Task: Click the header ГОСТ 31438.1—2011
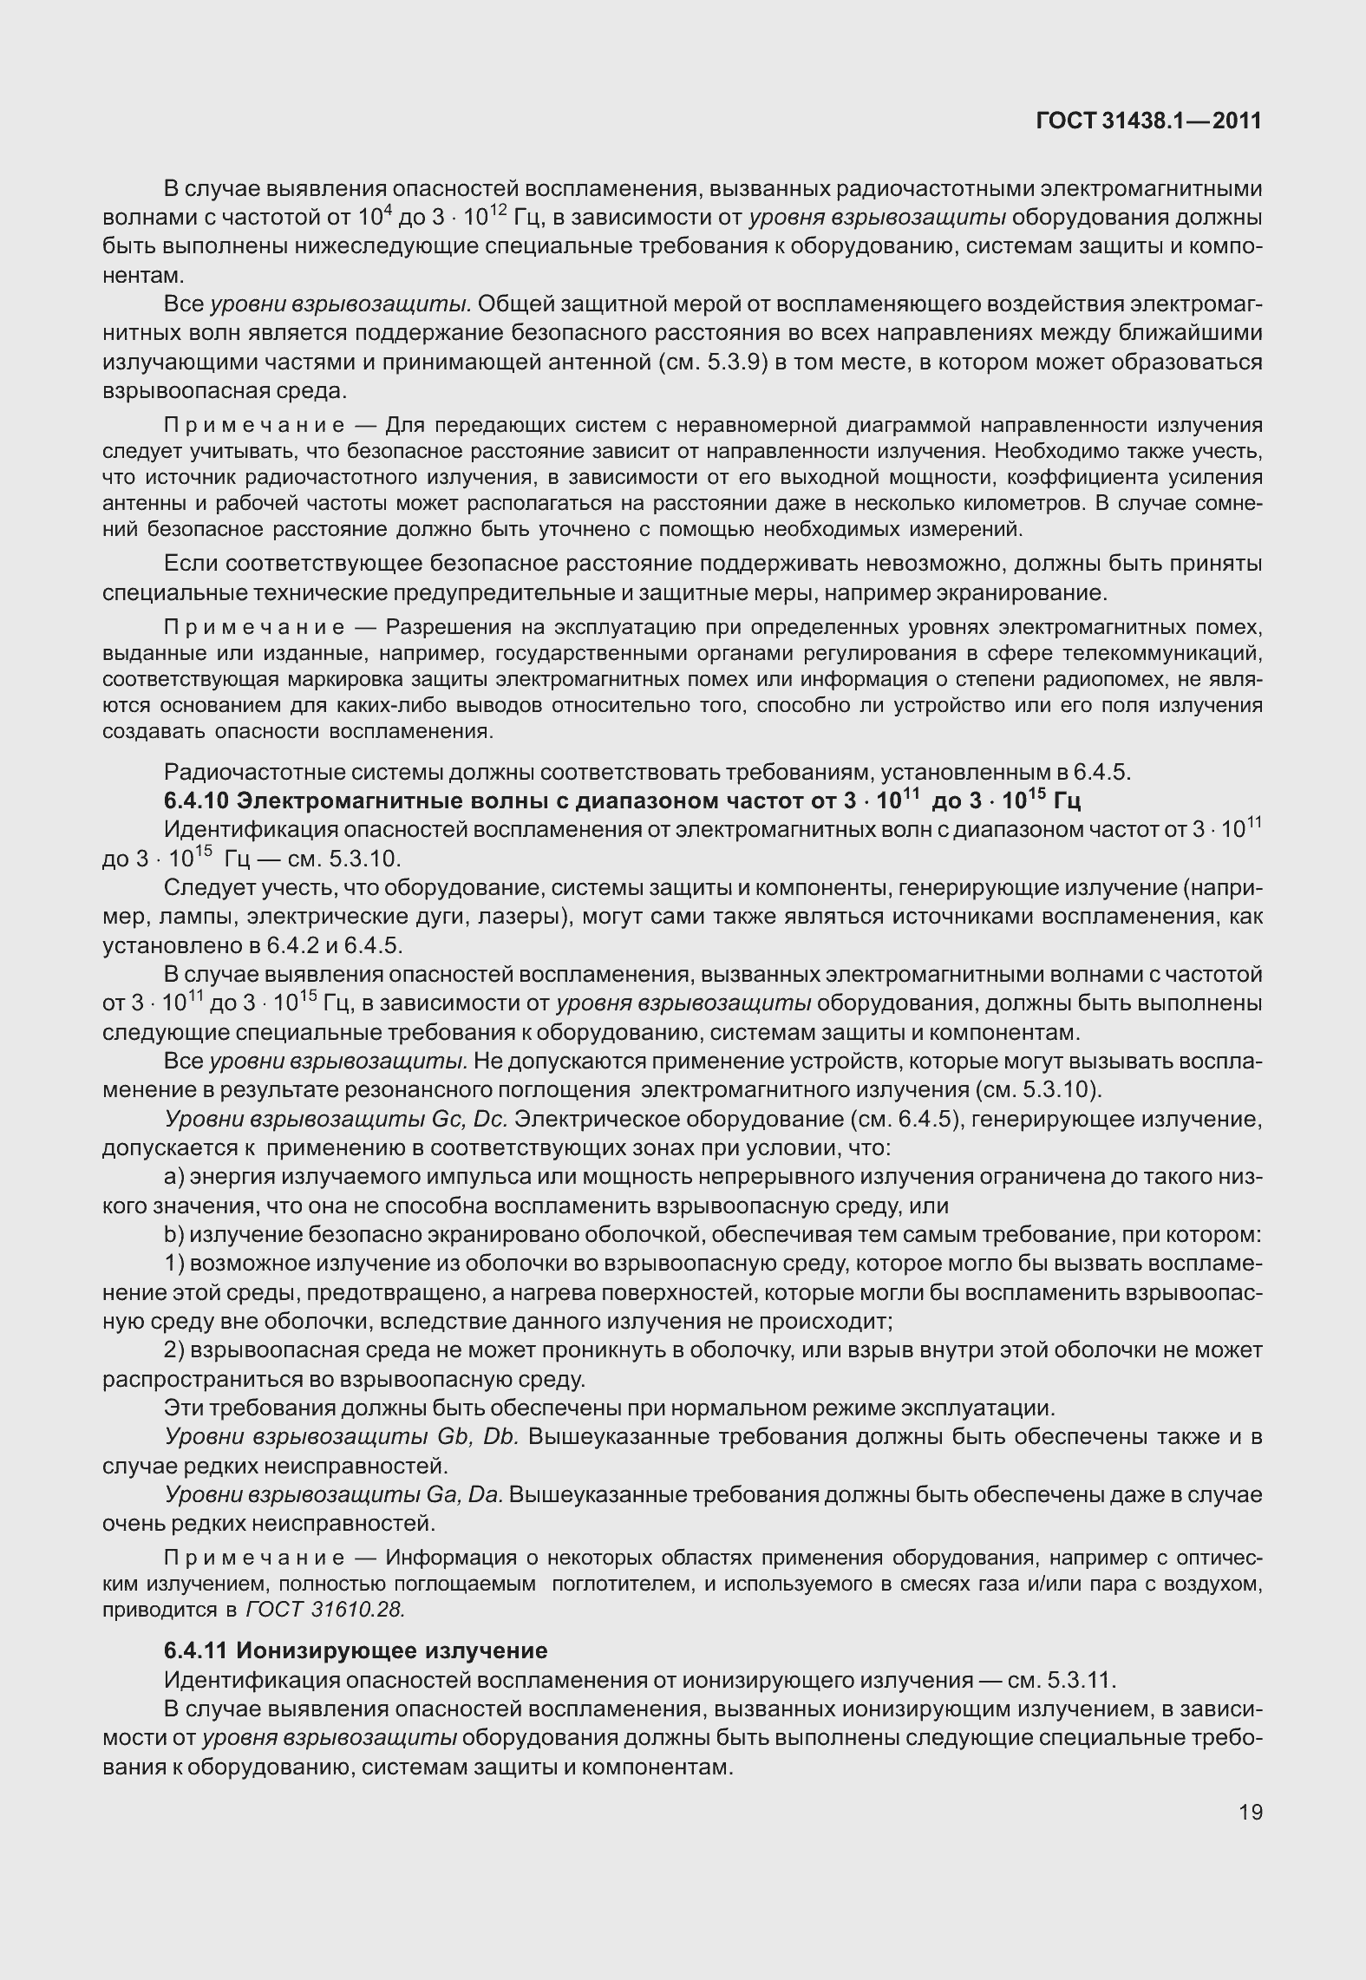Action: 1148,121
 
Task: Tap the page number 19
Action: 1250,1812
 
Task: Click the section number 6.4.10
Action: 196,800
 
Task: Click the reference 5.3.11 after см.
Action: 1078,1679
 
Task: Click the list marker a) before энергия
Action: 173,1178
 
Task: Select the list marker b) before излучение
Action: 173,1235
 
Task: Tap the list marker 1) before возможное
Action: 173,1264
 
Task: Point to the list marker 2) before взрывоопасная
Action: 173,1350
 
